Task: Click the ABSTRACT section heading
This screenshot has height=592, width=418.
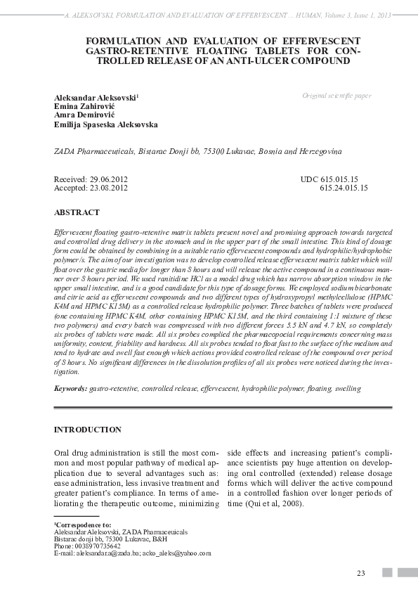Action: [77, 212]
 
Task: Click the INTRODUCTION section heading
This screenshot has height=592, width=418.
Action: [87, 430]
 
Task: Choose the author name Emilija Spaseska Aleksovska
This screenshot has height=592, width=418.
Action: [105, 124]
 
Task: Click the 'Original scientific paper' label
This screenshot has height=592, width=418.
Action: [337, 95]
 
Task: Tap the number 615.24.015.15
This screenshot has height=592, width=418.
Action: [344, 188]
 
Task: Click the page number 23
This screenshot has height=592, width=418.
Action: [361, 573]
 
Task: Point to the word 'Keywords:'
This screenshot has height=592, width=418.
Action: [71, 388]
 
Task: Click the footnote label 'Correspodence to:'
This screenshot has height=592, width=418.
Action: [84, 525]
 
